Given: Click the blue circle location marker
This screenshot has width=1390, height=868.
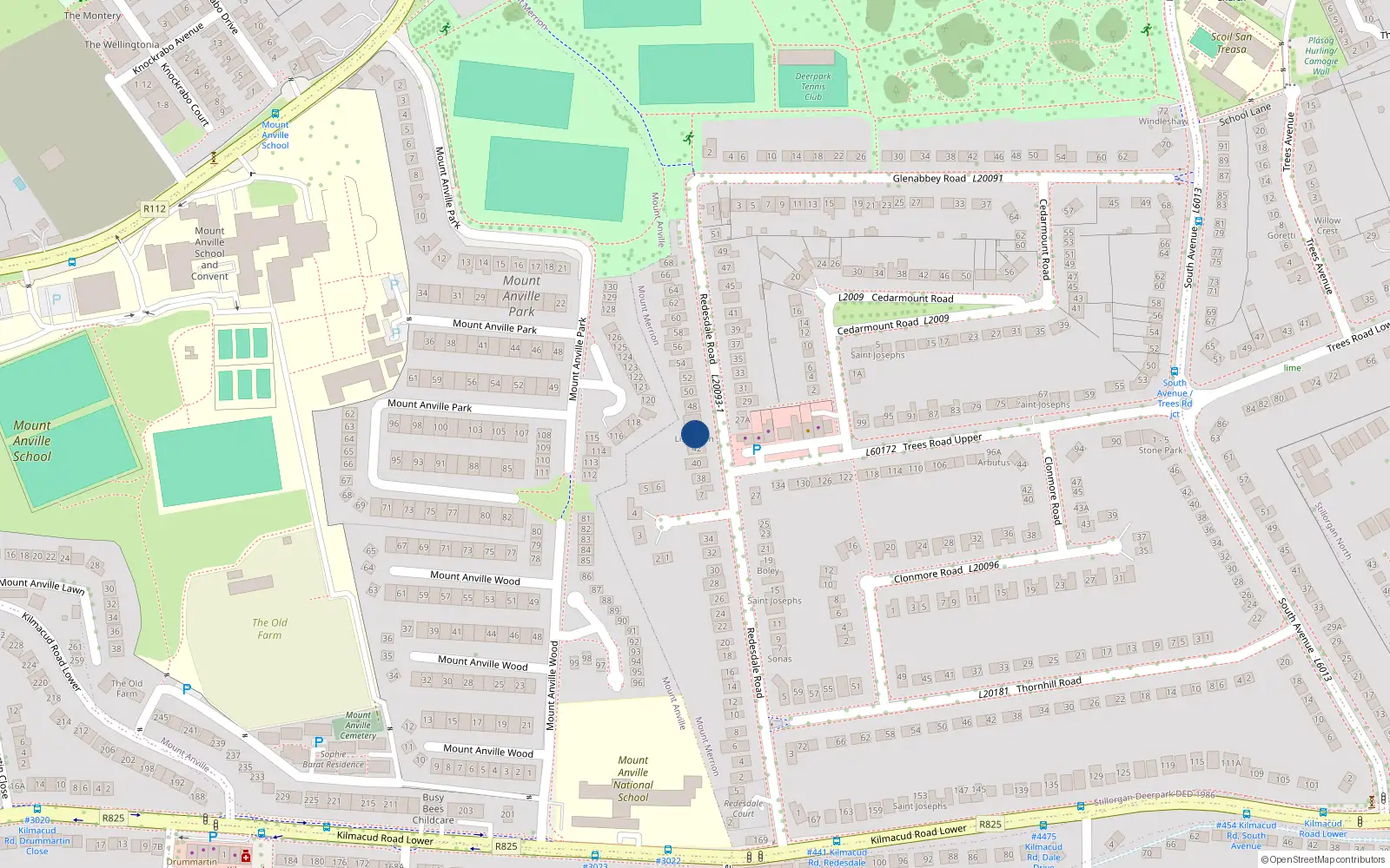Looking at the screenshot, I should tap(695, 434).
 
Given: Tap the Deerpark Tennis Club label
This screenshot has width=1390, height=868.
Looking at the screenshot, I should tap(813, 87).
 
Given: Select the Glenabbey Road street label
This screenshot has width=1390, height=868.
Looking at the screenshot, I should tap(929, 178).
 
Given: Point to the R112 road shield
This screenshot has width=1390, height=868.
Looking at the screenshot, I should tap(155, 208).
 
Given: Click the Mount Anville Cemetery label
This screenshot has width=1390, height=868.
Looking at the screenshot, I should tap(358, 726).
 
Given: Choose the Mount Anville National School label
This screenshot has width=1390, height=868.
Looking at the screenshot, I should tap(633, 779).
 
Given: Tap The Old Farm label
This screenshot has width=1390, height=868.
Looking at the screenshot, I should tap(269, 628).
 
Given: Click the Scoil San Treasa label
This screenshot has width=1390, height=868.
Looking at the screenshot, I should tap(1231, 43).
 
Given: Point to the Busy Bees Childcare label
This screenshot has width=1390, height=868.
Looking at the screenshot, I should tap(433, 808).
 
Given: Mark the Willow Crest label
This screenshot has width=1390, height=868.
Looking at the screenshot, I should tap(1327, 226).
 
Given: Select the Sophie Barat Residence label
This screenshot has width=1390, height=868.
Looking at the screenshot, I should tap(333, 759).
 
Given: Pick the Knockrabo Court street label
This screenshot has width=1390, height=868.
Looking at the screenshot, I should tap(185, 94).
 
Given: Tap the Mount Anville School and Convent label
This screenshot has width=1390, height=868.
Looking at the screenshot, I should tap(209, 253).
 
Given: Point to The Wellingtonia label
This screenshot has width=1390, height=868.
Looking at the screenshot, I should tap(122, 44).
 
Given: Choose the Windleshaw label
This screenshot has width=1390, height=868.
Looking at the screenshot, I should tap(1163, 122).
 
